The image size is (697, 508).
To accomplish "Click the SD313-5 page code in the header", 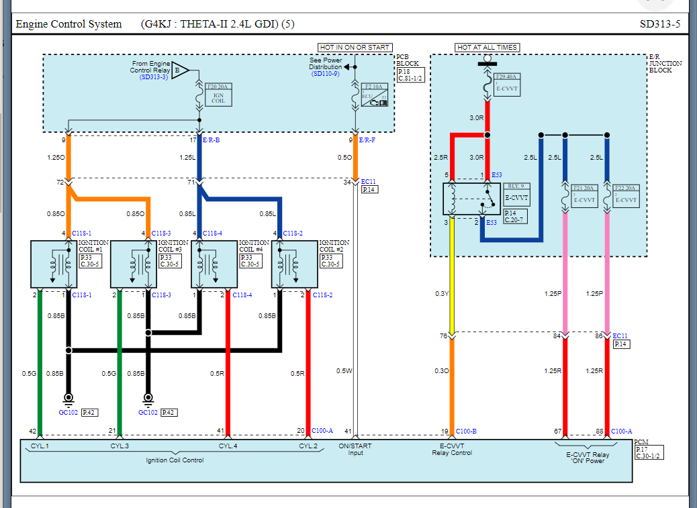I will tap(659, 24).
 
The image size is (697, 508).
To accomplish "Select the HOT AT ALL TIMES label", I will tap(487, 48).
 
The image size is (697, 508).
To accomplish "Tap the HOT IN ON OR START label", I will tap(355, 48).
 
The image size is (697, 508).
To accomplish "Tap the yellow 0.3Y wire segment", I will tap(451, 275).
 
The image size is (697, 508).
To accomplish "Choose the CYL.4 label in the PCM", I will tap(228, 446).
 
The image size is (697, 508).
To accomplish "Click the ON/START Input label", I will tap(355, 449).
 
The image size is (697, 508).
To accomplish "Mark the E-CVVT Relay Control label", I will tap(452, 449).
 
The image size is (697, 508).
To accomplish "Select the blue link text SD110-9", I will tap(325, 73).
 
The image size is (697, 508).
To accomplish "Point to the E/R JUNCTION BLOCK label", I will tap(665, 63).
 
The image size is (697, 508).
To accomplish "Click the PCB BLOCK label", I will tap(407, 60).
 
